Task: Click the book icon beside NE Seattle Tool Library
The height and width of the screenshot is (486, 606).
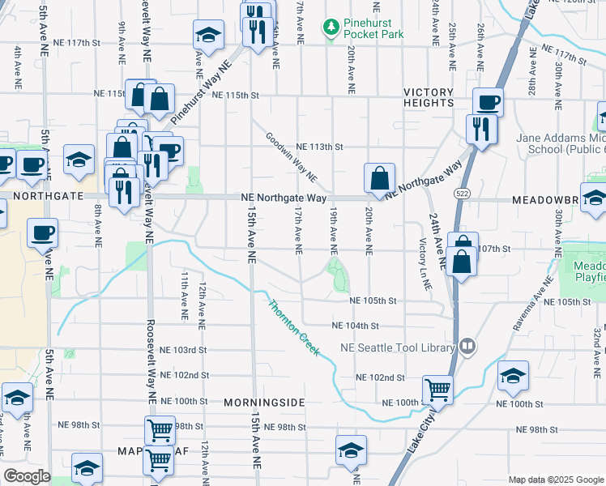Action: tap(467, 347)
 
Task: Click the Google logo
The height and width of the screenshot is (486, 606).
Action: tap(28, 476)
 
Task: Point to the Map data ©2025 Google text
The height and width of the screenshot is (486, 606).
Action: tap(555, 480)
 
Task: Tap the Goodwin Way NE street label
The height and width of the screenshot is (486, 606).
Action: tap(291, 157)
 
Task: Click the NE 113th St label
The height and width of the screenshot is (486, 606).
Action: tap(320, 147)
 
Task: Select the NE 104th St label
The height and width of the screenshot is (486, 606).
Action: tap(356, 326)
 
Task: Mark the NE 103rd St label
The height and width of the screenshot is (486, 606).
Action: tap(184, 350)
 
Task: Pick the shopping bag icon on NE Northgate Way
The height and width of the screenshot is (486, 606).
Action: tap(380, 177)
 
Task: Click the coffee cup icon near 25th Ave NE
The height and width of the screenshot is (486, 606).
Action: tap(489, 103)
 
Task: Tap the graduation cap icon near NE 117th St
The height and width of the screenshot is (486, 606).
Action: tap(208, 36)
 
